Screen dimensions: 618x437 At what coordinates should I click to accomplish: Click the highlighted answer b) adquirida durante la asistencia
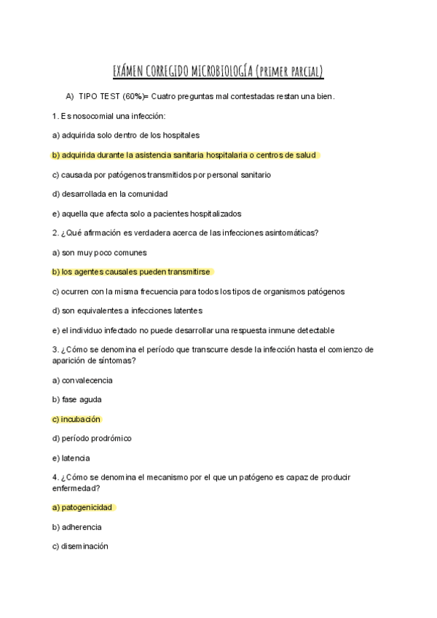tap(184, 155)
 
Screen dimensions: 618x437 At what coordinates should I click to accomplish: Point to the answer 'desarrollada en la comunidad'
tap(109, 194)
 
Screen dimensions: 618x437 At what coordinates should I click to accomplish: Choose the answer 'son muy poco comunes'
tap(100, 252)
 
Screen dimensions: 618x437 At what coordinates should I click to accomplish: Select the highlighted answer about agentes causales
tap(131, 272)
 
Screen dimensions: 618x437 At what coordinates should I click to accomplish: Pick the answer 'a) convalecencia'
tap(82, 380)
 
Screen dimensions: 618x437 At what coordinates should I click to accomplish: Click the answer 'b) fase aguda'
tap(76, 400)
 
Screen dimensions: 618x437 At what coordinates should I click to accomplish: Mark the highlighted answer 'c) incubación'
tap(76, 419)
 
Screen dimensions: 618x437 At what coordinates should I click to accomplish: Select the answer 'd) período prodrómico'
tap(92, 439)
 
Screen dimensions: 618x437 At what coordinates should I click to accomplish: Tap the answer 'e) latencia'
tap(71, 458)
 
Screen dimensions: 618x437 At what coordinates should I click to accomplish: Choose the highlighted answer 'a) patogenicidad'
tap(83, 507)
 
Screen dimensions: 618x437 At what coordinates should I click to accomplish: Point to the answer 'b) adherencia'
tap(76, 527)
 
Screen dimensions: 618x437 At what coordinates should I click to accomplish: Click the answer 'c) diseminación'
tap(80, 547)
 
